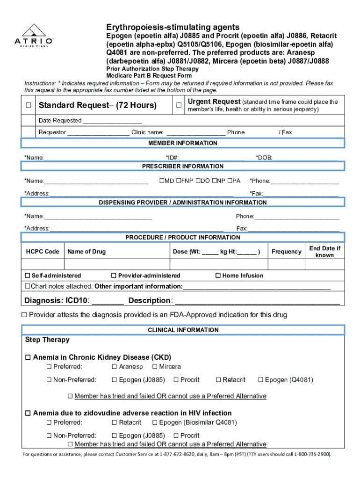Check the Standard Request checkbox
coord(29,105)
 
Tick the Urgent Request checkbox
coord(179,105)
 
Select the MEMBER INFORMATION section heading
coord(183,143)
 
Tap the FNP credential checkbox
coord(179,181)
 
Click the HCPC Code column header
coord(43,252)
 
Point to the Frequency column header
coord(286,252)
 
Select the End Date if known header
coord(324,252)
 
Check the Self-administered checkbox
coord(27,276)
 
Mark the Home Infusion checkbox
coord(218,276)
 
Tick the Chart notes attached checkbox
coord(27,286)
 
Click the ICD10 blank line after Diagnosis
coord(108,301)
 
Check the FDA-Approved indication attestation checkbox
coord(24,315)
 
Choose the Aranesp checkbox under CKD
coord(115,367)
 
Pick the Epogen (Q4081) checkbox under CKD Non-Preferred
coord(261,380)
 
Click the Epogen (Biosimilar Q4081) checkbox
coord(155,422)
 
